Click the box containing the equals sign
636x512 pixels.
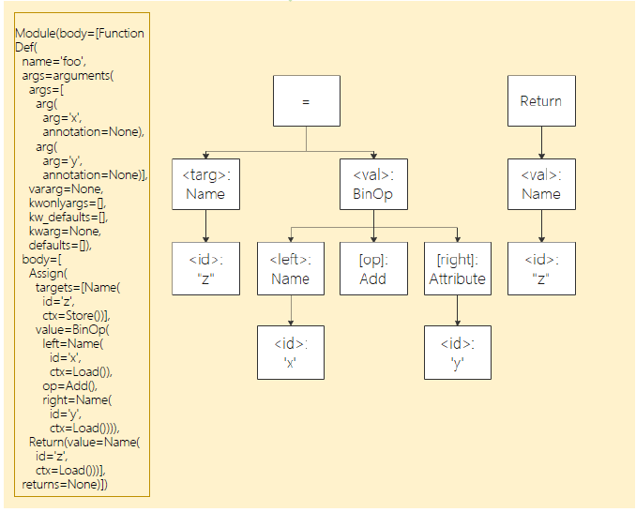[x=306, y=100]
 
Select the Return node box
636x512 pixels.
[x=541, y=100]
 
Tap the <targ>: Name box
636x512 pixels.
[x=205, y=184]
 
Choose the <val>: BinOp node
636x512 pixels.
[x=373, y=184]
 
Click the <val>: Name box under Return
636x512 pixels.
[x=541, y=184]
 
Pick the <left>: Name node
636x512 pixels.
[x=290, y=268]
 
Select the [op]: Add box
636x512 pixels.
[x=373, y=268]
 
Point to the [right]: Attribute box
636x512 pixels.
[x=457, y=268]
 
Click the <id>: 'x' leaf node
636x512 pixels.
[x=290, y=352]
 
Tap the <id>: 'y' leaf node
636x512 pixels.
[x=457, y=352]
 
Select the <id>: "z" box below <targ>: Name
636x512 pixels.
[x=205, y=268]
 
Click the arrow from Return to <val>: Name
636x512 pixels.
[x=541, y=143]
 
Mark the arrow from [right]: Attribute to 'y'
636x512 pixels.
[x=457, y=309]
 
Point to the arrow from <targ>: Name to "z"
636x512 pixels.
[x=205, y=226]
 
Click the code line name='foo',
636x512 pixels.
[x=54, y=61]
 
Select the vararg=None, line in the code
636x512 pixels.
[x=66, y=188]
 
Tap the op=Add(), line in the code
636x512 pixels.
[x=69, y=385]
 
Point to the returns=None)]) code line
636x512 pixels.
[x=65, y=484]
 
